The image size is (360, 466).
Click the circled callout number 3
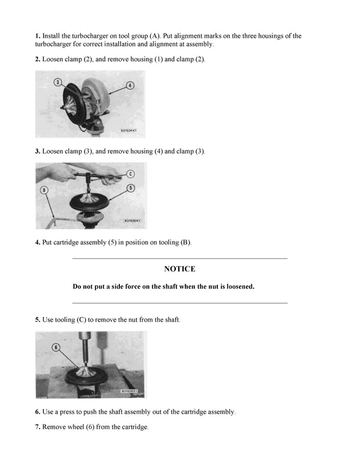(58, 82)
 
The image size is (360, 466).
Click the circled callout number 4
(130, 86)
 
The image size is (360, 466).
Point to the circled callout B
(44, 190)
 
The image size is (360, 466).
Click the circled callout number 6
(56, 347)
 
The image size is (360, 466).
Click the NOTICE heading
(179, 269)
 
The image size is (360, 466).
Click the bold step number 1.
(37, 36)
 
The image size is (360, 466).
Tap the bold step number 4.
(37, 242)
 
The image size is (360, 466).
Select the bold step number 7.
(37, 427)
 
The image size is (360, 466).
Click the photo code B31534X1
(129, 130)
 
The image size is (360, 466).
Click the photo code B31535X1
(132, 220)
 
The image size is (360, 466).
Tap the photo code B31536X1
(129, 391)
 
